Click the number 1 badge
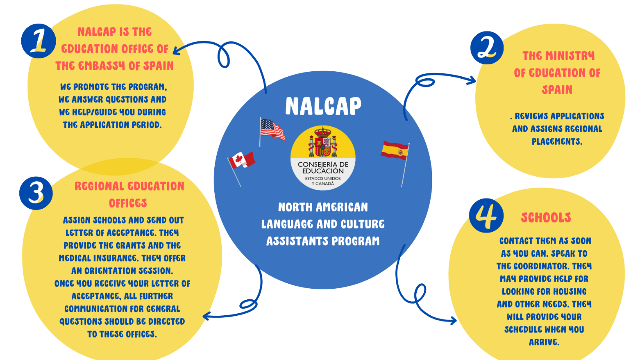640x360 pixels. (39, 41)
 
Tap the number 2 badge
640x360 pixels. (487, 48)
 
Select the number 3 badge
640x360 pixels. (36, 193)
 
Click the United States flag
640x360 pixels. (272, 129)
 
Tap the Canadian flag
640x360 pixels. (242, 160)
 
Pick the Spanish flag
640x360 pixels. (395, 150)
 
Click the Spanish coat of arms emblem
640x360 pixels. (323, 142)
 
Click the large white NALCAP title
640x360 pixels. (323, 106)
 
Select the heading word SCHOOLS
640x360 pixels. (546, 218)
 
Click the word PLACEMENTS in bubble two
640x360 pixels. (557, 141)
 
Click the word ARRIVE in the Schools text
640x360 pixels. (544, 342)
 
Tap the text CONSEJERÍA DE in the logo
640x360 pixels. (323, 164)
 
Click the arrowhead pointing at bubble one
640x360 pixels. (176, 50)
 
